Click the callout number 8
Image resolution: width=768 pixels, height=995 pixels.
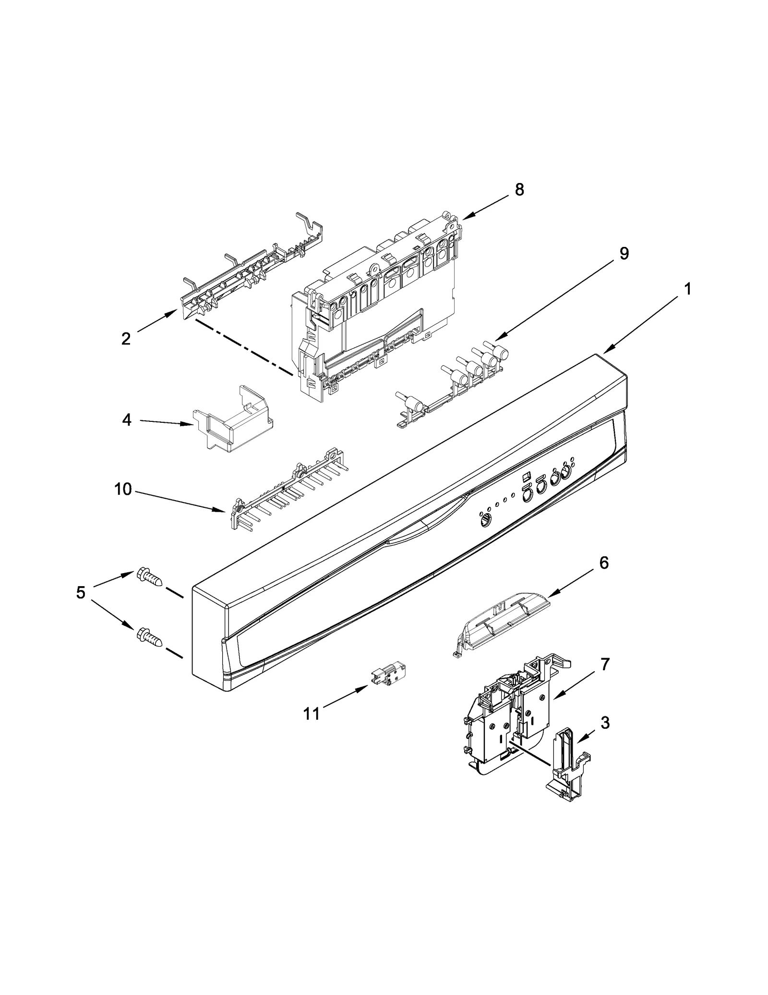(x=519, y=190)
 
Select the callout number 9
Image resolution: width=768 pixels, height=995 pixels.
(x=624, y=253)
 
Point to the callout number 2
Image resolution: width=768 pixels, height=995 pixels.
(x=126, y=339)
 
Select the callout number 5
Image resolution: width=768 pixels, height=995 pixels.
(x=81, y=592)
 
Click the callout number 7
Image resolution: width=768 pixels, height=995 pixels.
(x=605, y=664)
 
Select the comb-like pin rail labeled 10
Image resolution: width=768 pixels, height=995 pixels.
(x=288, y=491)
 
